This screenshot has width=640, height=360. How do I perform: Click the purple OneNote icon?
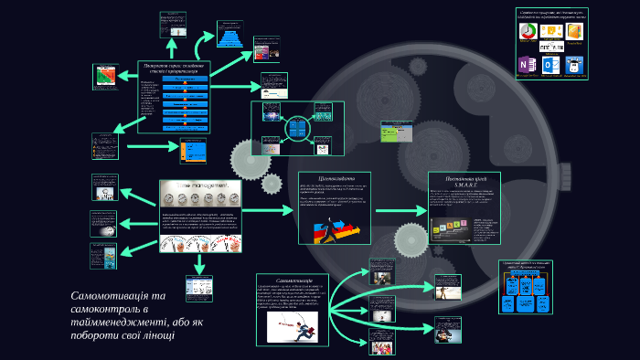pyautogui.click(x=528, y=66)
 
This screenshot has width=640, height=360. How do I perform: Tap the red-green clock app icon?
pyautogui.click(x=528, y=31)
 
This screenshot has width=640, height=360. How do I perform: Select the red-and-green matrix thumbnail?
pyautogui.click(x=105, y=77)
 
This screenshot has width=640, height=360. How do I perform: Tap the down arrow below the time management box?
pyautogui.click(x=198, y=264)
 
